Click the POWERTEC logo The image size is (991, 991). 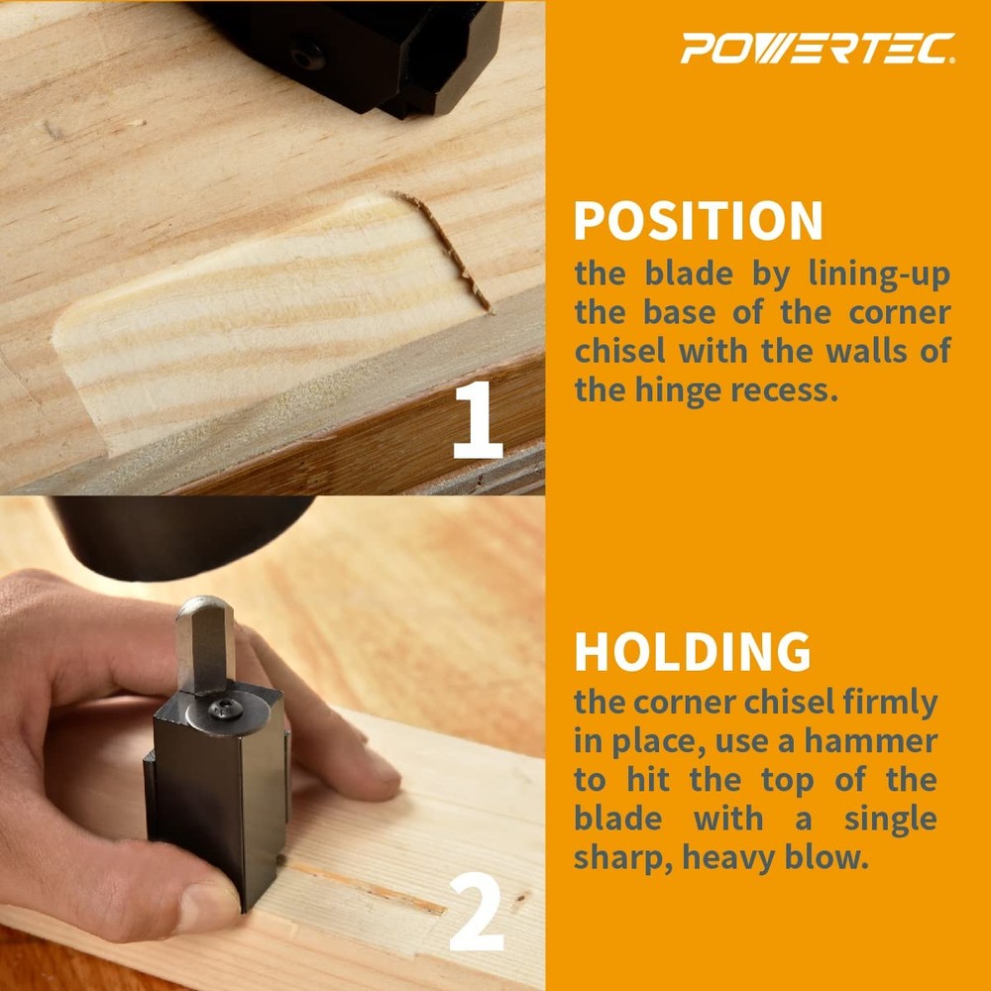pyautogui.click(x=818, y=48)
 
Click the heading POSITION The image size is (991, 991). pyautogui.click(x=698, y=221)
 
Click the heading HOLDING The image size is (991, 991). pyautogui.click(x=692, y=651)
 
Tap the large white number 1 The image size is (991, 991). pyautogui.click(x=479, y=422)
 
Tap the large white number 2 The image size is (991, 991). pyautogui.click(x=477, y=916)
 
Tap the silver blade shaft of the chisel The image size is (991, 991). pyautogui.click(x=204, y=644)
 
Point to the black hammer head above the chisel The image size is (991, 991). pyautogui.click(x=178, y=535)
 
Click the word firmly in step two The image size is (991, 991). pyautogui.click(x=885, y=703)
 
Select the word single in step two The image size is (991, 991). pyautogui.click(x=889, y=819)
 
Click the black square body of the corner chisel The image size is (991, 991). pyautogui.click(x=213, y=793)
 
